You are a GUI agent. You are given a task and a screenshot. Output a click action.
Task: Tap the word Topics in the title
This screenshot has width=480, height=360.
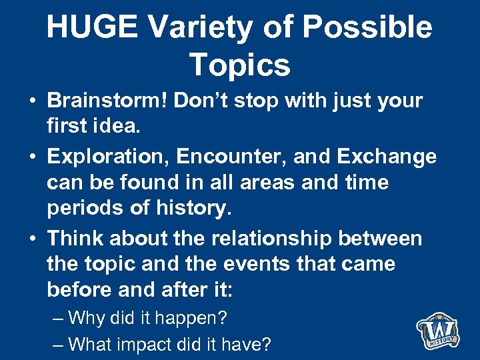pos(239,65)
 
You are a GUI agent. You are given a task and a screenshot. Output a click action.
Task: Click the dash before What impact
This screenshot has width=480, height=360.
pos(58,345)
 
